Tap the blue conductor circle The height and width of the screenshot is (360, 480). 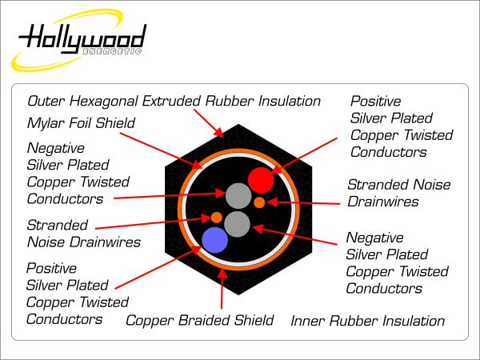pos(214,238)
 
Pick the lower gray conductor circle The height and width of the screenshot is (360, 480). pos(238,224)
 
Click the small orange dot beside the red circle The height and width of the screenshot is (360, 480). pos(260,202)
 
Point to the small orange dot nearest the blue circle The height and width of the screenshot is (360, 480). pos(216,217)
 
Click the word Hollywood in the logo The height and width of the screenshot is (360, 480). pos(83,38)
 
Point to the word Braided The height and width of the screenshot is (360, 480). pos(200,321)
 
